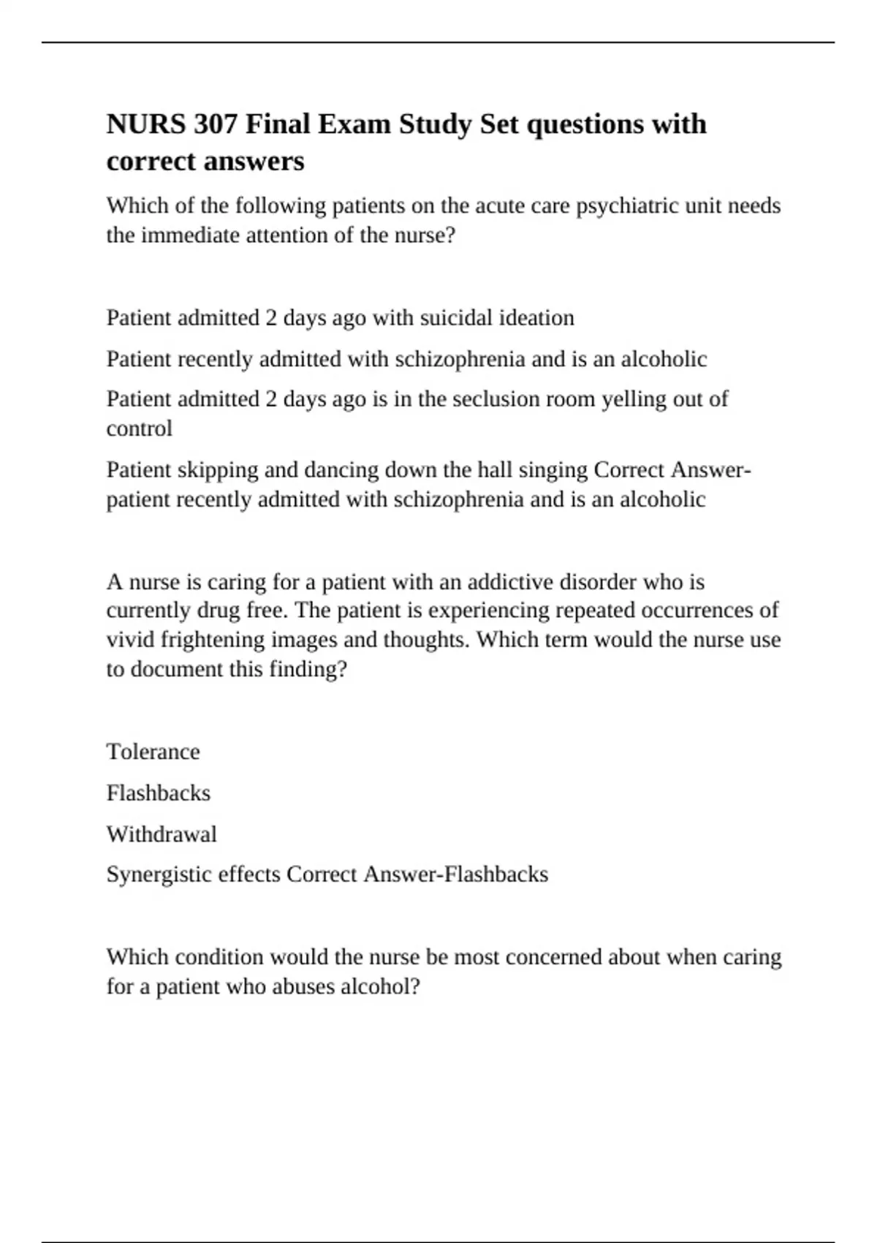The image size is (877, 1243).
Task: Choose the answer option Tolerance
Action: click(x=153, y=752)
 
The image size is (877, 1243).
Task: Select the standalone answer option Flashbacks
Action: click(x=158, y=793)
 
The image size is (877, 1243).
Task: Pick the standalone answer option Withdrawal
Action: click(x=162, y=834)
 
